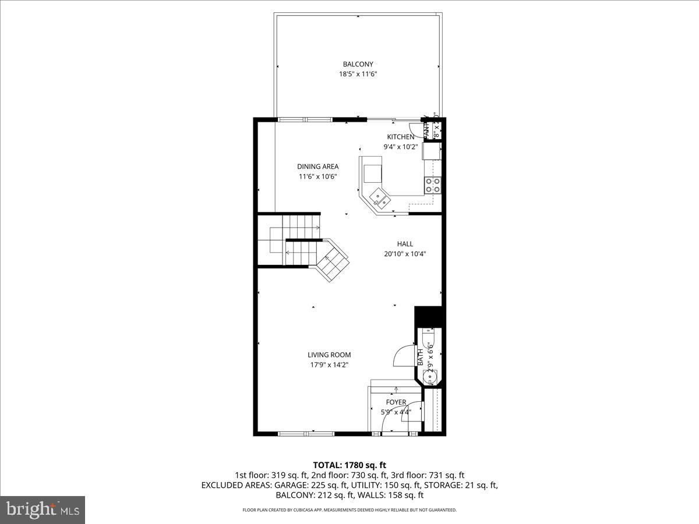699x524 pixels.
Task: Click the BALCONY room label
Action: coord(358,64)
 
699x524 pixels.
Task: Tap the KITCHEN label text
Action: coord(400,137)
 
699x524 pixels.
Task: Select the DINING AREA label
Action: coord(317,167)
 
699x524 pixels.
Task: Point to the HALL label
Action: coord(405,244)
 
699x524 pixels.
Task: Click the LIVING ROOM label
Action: coord(329,355)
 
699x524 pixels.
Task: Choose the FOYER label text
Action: coord(396,402)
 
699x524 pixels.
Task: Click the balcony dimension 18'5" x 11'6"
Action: coord(358,74)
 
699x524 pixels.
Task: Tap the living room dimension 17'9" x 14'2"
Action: coord(329,365)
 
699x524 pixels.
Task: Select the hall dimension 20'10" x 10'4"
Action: coord(405,254)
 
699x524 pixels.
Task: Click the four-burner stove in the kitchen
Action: coord(433,185)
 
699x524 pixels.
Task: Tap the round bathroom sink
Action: coord(430,377)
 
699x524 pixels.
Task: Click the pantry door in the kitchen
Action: coord(416,132)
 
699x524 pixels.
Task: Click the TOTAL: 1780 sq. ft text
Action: coord(349,465)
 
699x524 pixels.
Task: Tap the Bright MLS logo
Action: coord(43,510)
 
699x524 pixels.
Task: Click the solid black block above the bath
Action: coord(429,316)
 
